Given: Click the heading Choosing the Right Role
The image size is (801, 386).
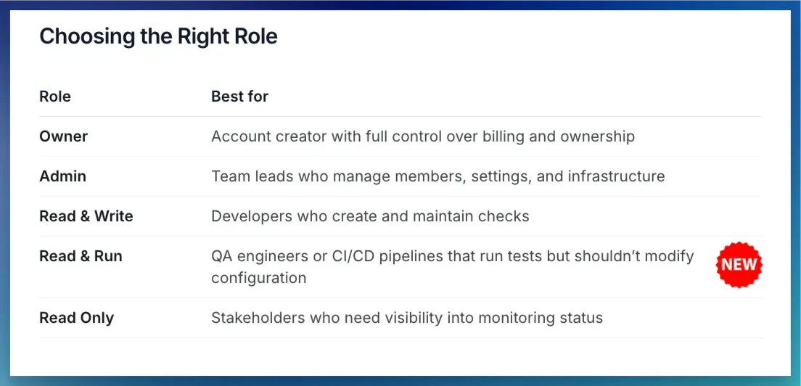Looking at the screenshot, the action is pos(158,37).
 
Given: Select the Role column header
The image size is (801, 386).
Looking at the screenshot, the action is pos(55,96).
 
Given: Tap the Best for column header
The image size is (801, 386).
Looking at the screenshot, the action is pos(239,96).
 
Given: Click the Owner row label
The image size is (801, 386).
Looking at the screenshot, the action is pos(63,136).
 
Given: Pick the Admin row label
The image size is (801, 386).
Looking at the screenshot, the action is pos(63,176).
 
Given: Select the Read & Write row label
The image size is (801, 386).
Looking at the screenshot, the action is pos(86,216).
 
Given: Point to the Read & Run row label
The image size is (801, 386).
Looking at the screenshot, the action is pos(81,256).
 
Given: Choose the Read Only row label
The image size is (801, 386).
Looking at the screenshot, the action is pos(77,318).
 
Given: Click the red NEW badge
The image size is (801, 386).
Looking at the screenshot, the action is pos(739,265).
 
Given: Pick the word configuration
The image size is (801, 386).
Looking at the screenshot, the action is pos(259,279).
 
